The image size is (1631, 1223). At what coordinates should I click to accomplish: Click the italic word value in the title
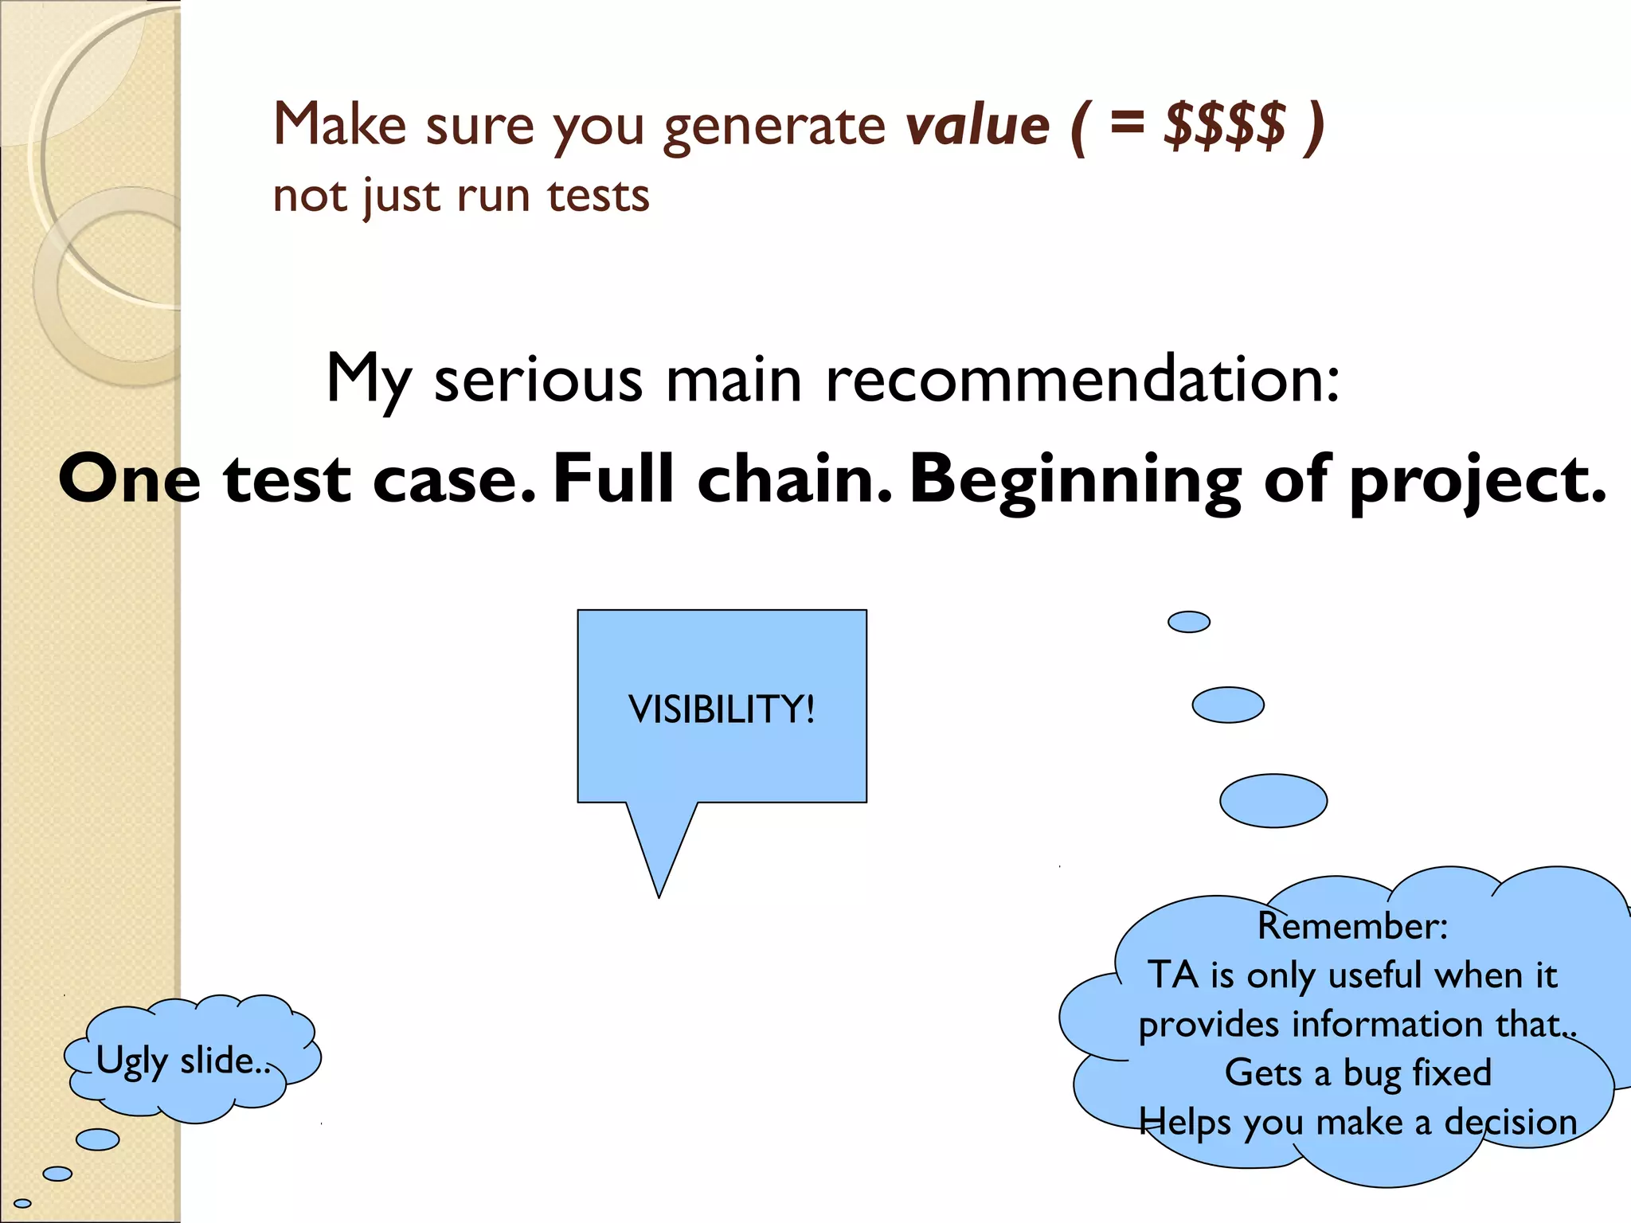(x=978, y=126)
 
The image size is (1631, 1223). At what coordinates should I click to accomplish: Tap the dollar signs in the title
(x=1224, y=126)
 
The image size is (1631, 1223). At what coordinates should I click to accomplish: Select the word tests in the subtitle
(x=598, y=196)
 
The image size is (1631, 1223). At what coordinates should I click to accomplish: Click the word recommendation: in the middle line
(x=1082, y=379)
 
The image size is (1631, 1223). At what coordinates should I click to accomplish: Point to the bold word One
(x=129, y=479)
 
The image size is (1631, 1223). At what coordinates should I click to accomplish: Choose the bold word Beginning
(x=1076, y=481)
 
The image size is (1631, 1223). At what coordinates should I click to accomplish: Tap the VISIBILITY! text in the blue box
(x=722, y=709)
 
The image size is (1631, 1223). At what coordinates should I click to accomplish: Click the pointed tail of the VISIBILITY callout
(x=659, y=884)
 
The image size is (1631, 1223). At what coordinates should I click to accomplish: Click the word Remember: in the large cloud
(x=1352, y=926)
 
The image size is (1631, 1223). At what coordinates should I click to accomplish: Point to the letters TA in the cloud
(x=1172, y=975)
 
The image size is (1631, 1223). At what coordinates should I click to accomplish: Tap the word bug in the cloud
(x=1372, y=1073)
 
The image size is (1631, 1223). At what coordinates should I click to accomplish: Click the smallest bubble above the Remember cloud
(x=1188, y=622)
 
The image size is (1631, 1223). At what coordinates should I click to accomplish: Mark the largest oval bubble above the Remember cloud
(x=1273, y=800)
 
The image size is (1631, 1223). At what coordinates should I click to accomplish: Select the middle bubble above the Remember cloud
(x=1227, y=705)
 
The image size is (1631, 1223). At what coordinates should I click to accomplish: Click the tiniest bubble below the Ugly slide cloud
(x=22, y=1203)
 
